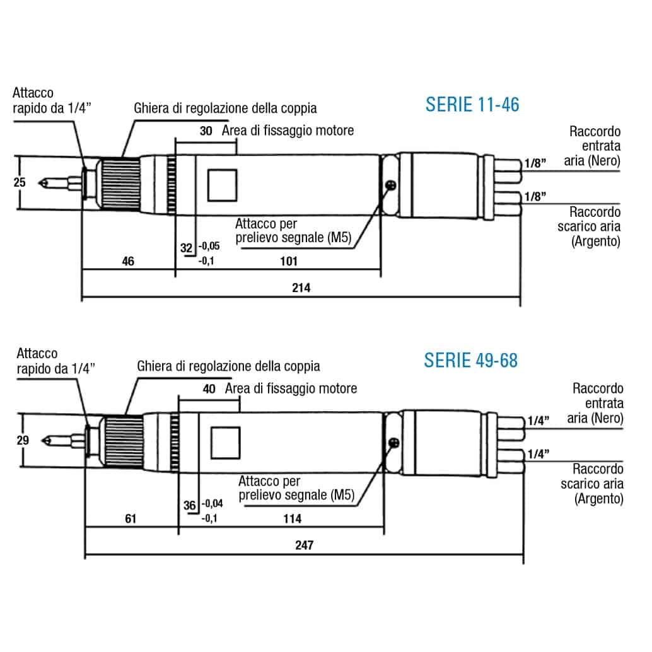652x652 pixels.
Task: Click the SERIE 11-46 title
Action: pos(472,105)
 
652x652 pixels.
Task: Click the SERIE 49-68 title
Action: pos(470,360)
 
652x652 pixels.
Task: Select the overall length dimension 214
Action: pos(301,288)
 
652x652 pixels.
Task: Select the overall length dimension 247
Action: pos(305,545)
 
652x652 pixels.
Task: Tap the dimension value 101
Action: pos(289,261)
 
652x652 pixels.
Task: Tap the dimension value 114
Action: pos(293,518)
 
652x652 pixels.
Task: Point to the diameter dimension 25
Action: pos(20,182)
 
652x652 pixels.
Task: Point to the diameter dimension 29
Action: pos(23,440)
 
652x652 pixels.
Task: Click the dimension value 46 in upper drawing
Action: pos(128,261)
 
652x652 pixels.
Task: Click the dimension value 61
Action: pos(131,518)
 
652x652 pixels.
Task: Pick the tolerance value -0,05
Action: pos(209,246)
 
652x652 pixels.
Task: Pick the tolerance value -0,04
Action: pos(212,504)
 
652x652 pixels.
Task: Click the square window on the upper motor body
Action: pos(222,185)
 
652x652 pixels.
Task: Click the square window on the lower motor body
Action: pos(226,443)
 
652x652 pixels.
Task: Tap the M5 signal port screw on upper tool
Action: pos(391,185)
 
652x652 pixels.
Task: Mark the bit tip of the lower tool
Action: pos(42,440)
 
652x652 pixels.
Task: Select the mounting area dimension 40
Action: pos(209,389)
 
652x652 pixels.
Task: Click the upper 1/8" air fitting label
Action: pos(535,163)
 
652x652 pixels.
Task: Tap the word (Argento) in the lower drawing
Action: pos(599,499)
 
